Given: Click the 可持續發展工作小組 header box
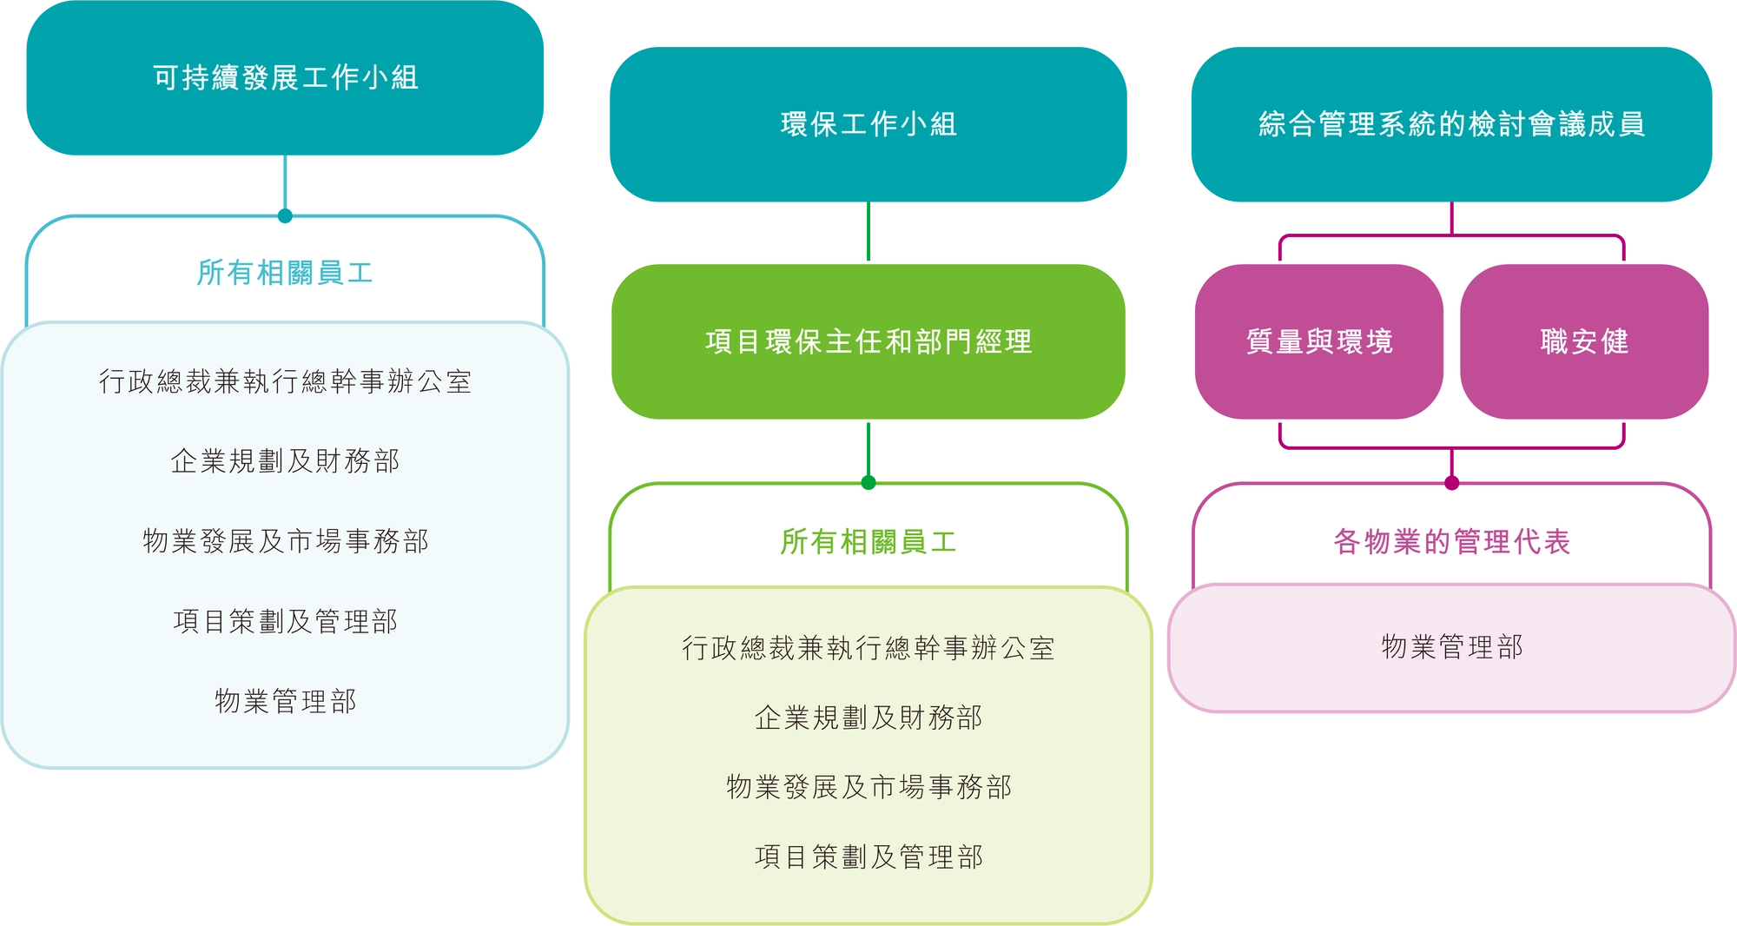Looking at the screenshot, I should click(285, 78).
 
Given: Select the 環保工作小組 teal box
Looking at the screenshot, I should click(868, 124).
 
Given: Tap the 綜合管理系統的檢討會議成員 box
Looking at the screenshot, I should click(1451, 124).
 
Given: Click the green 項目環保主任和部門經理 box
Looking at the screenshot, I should click(868, 341).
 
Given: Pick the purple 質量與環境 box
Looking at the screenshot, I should click(1318, 341).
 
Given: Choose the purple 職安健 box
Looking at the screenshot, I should click(1584, 341).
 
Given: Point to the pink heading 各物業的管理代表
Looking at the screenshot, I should click(1451, 542).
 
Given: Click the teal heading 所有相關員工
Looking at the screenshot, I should click(285, 273).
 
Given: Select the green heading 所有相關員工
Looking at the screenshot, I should click(868, 542).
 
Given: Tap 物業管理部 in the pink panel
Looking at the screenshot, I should click(1451, 647).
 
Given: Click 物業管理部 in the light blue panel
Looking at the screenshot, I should click(285, 701).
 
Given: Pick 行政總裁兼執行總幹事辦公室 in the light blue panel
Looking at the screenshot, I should click(285, 381).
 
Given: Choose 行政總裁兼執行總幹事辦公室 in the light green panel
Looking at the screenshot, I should click(868, 648).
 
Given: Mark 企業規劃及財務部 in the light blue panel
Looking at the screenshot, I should click(285, 461).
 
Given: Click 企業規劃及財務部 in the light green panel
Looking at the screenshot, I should click(868, 718).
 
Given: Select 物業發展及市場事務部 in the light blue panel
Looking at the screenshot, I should click(285, 541).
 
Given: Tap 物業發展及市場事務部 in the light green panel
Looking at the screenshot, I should click(868, 787).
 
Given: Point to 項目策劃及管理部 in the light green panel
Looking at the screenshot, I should click(868, 857).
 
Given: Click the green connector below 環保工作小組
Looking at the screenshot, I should click(868, 232).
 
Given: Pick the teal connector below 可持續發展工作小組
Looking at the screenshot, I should click(285, 186).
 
